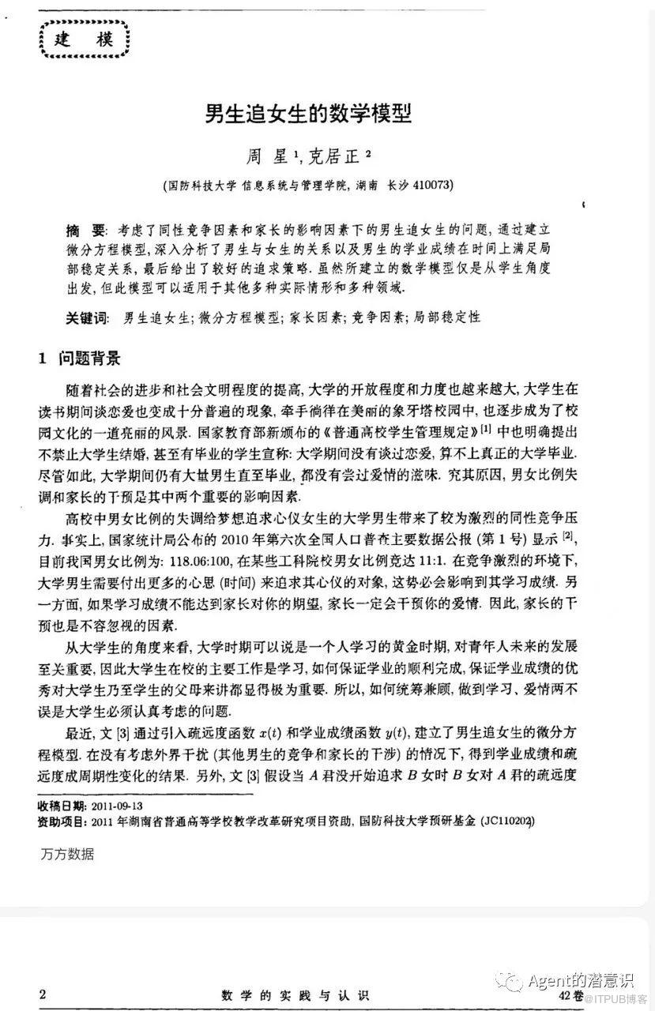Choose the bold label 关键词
87,318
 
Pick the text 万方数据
66,853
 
